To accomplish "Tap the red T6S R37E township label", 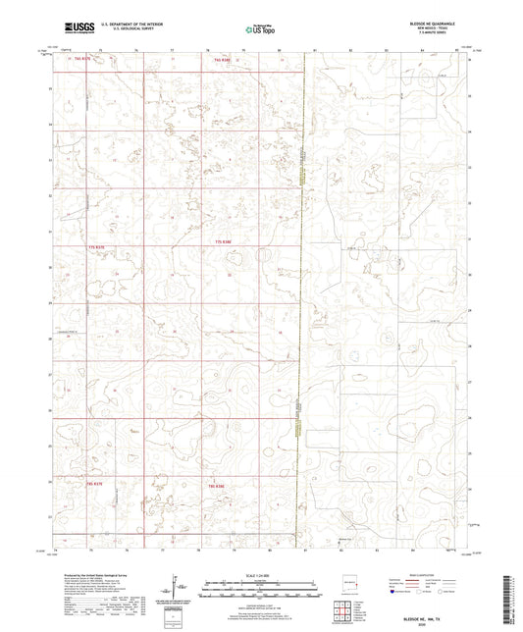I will coord(78,59).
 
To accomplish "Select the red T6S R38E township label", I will coord(223,59).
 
